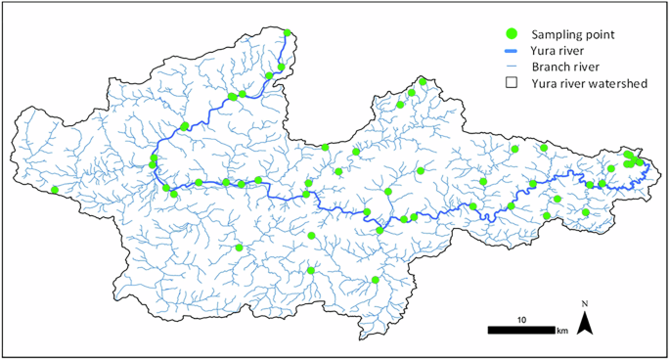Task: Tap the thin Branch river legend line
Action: coord(510,67)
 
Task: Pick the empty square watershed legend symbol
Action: coord(510,84)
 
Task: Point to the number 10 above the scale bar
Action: coord(523,319)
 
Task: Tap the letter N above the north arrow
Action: coord(585,305)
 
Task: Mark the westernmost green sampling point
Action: coord(55,190)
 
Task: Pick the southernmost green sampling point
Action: coord(376,281)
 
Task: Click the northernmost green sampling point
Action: coord(288,33)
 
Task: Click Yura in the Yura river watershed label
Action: coord(545,84)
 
